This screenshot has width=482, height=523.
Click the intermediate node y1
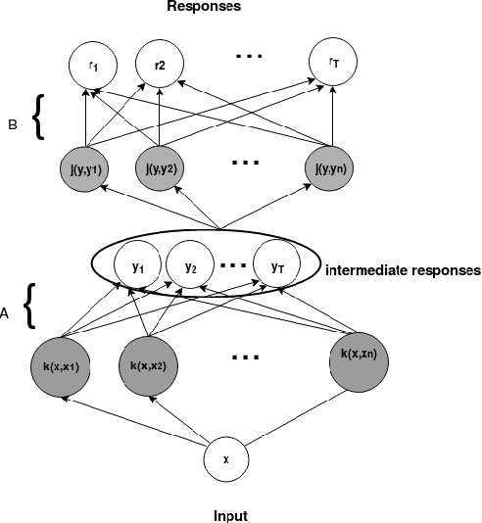[138, 265]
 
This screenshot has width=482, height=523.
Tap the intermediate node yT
[275, 265]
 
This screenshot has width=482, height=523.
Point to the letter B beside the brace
[13, 124]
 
